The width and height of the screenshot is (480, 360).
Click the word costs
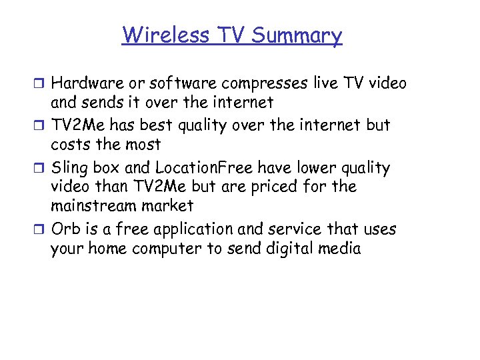[69, 144]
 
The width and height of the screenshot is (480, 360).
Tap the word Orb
[65, 229]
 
